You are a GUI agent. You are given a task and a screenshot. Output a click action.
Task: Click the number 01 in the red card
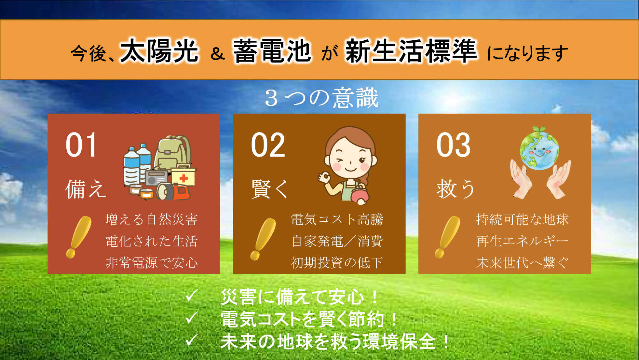pyautogui.click(x=81, y=145)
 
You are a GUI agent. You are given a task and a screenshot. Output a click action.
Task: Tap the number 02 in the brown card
pyautogui.click(x=268, y=145)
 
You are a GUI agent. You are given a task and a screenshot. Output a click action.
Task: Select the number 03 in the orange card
pyautogui.click(x=454, y=145)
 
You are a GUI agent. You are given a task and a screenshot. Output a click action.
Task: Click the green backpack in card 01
pyautogui.click(x=173, y=153)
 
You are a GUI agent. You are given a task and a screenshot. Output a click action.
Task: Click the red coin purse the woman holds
pyautogui.click(x=360, y=195)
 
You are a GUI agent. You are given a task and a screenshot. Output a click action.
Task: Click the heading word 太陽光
pyautogui.click(x=159, y=51)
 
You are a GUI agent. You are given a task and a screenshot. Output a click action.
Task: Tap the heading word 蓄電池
pyautogui.click(x=272, y=51)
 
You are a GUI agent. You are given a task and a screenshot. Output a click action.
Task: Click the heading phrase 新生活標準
pyautogui.click(x=411, y=51)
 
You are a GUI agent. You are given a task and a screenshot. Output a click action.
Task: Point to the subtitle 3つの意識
pyautogui.click(x=322, y=98)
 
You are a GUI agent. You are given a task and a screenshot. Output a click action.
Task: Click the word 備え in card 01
pyautogui.click(x=86, y=189)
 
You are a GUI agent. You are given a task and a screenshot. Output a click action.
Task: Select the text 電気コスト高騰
pyautogui.click(x=337, y=219)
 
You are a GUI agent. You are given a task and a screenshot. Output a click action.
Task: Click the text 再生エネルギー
pyautogui.click(x=522, y=241)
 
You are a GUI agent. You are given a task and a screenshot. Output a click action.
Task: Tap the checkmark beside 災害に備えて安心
pyautogui.click(x=191, y=296)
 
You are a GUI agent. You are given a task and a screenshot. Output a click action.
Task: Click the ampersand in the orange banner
pyautogui.click(x=218, y=54)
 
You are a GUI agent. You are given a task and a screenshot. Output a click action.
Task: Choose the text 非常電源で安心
pyautogui.click(x=152, y=263)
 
